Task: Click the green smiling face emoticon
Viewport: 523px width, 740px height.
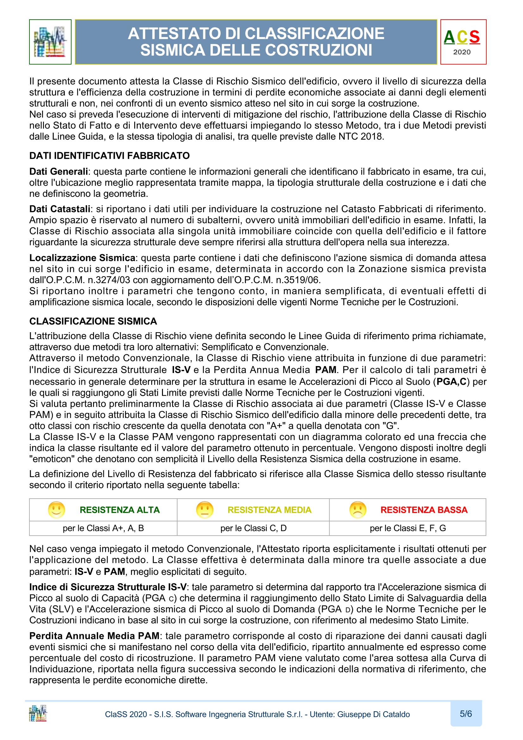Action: click(56, 510)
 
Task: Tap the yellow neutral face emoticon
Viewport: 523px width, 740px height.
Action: click(205, 510)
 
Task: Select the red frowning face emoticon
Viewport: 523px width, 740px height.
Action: click(358, 510)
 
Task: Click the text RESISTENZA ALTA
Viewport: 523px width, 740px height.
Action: click(120, 510)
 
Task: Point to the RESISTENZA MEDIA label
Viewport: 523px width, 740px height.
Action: click(269, 510)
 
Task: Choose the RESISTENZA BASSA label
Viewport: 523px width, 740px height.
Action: click(424, 510)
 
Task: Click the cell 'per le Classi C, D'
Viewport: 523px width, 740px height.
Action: click(253, 528)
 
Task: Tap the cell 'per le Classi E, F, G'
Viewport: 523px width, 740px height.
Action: click(408, 528)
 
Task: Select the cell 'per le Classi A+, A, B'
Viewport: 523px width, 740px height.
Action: click(103, 528)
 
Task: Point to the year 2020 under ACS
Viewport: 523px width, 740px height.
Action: click(462, 52)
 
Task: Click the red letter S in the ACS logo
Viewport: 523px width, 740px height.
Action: click(474, 37)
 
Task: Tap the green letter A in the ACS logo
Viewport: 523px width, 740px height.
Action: click(449, 37)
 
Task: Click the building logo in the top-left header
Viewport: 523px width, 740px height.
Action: click(50, 42)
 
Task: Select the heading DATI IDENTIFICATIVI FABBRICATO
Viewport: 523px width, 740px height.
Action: click(109, 156)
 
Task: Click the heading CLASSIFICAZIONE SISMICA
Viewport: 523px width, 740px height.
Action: click(93, 321)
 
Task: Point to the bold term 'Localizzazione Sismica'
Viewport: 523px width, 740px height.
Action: click(82, 258)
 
